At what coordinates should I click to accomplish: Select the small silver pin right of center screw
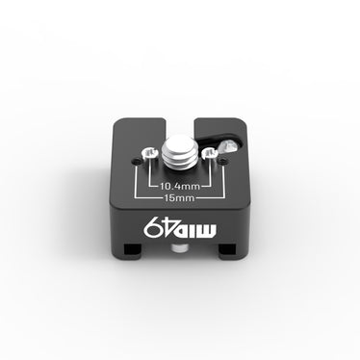point(205,152)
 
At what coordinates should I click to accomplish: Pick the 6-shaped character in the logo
point(151,230)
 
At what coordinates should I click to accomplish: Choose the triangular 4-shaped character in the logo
point(168,231)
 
